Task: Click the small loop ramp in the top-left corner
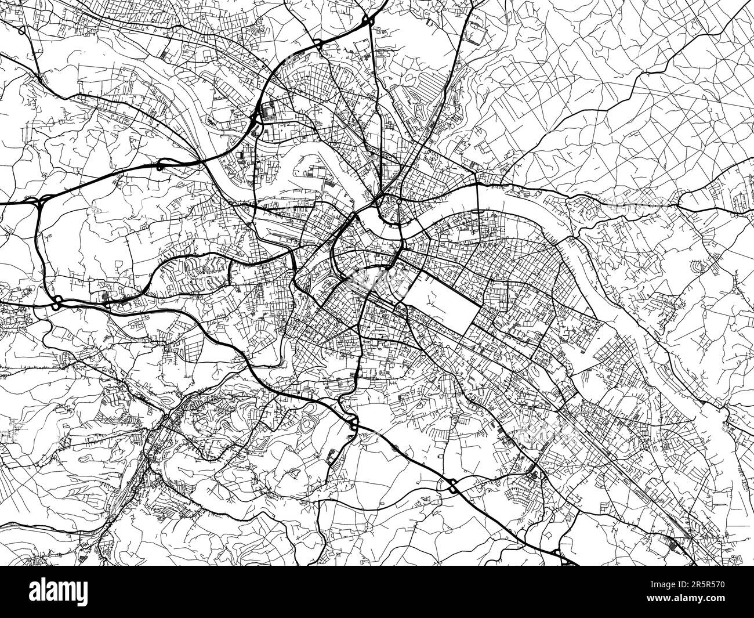(x=21, y=31)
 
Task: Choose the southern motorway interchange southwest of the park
(x=352, y=422)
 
